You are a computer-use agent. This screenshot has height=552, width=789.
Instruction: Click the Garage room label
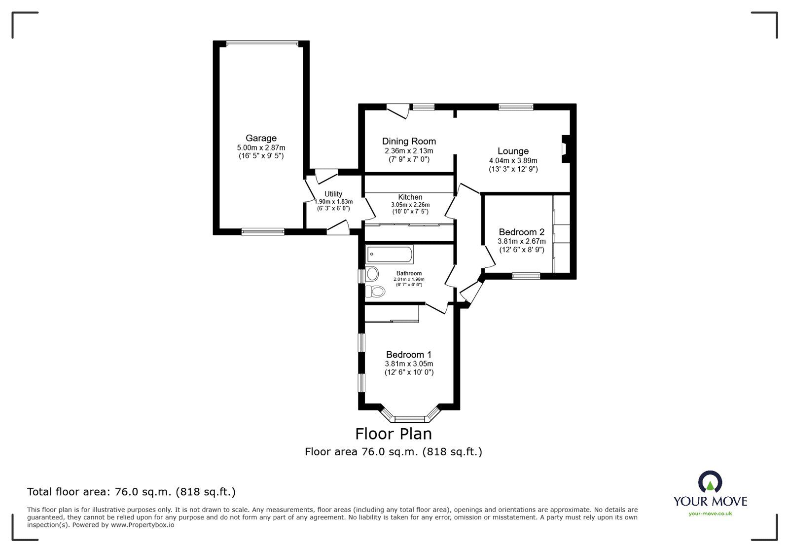click(x=261, y=138)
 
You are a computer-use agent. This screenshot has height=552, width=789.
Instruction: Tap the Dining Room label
click(x=409, y=142)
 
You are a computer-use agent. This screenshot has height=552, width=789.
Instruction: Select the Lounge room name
click(x=513, y=151)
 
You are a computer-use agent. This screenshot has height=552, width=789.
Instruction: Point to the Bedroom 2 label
click(x=521, y=232)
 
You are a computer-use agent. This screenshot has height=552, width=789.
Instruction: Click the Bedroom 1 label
click(x=409, y=354)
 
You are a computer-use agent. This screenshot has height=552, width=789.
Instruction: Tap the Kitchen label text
click(x=410, y=197)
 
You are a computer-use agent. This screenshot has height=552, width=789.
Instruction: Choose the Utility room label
click(x=333, y=194)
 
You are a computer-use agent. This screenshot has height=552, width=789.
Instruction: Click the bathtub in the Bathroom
click(x=389, y=255)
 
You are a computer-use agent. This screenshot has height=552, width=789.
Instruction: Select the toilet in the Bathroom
click(x=375, y=292)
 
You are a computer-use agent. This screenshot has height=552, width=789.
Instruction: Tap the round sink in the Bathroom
click(x=372, y=273)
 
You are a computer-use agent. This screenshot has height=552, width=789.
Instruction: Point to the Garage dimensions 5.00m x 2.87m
click(x=261, y=147)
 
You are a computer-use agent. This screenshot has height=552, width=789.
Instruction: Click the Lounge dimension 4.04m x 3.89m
click(x=513, y=160)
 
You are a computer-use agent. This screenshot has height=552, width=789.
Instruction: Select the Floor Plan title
click(x=394, y=434)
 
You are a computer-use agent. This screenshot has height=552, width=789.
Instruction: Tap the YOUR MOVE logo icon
click(x=710, y=482)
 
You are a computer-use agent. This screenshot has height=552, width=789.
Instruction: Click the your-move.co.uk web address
click(x=710, y=514)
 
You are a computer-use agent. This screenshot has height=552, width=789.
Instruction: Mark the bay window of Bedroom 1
click(x=410, y=417)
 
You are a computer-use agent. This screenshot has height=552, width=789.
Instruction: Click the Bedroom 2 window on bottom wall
click(x=526, y=276)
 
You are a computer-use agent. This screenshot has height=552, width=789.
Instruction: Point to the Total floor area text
click(x=131, y=492)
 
